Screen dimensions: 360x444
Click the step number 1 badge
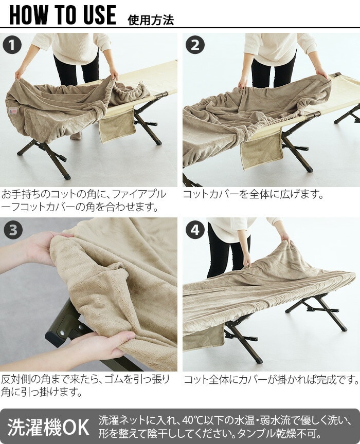12,45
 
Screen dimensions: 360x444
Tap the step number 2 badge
195,45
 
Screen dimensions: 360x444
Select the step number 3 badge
13,230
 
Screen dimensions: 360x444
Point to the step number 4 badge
195,230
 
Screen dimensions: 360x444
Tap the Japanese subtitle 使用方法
151,21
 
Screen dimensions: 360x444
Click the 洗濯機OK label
48,427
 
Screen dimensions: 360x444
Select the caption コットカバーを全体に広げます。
253,195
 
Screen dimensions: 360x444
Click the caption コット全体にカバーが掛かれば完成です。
271,380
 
